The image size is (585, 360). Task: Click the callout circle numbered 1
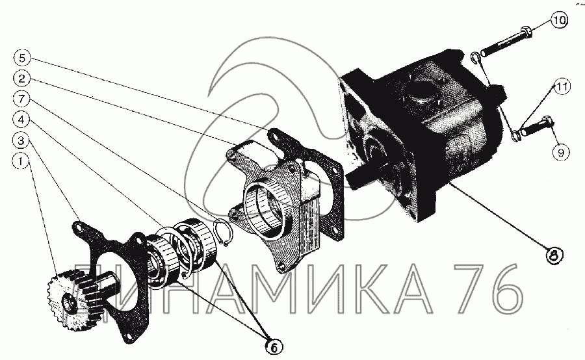(21, 162)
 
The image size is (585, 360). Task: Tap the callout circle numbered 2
(21, 79)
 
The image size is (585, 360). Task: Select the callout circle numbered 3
(21, 140)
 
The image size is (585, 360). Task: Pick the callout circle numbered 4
(21, 120)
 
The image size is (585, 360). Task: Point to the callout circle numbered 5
(21, 58)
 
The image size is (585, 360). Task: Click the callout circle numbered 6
(274, 347)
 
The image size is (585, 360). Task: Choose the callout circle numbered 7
(21, 99)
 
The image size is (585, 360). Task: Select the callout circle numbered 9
(561, 152)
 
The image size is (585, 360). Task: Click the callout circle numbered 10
(558, 20)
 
